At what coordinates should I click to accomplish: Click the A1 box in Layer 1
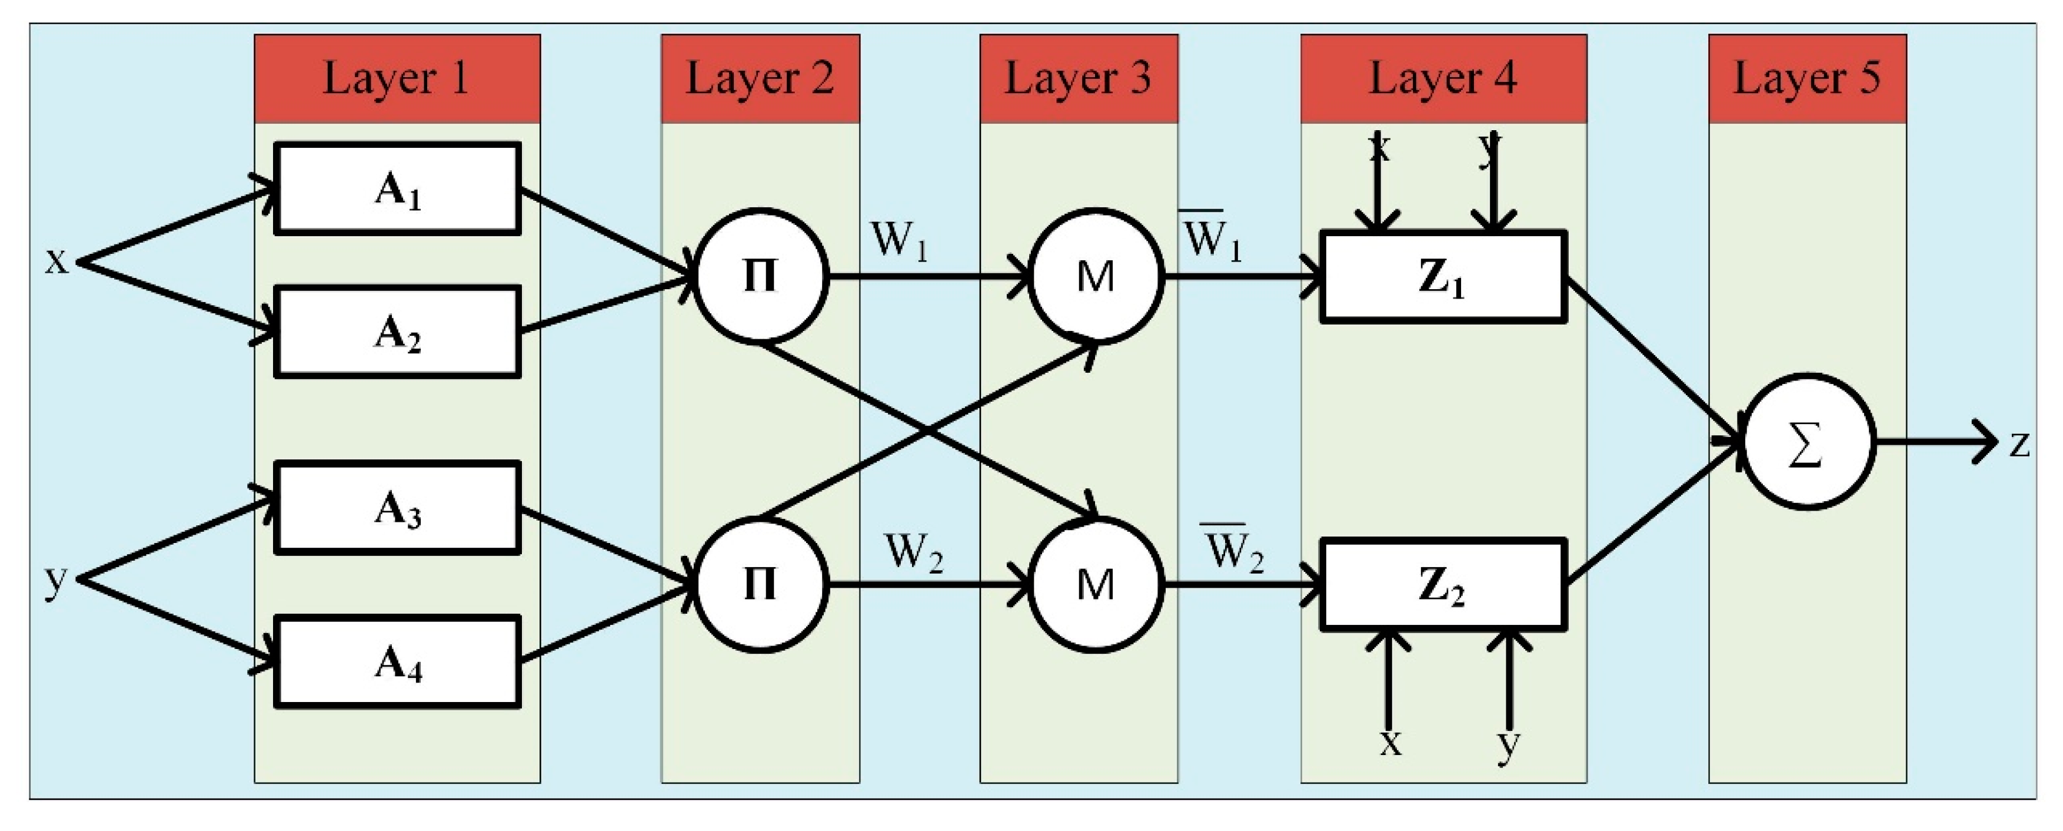point(397,189)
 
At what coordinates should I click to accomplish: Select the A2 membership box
point(397,332)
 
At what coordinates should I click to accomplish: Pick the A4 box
point(397,662)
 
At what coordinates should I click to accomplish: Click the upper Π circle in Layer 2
point(759,276)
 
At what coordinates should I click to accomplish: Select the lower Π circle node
point(759,584)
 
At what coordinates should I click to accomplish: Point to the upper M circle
point(1095,276)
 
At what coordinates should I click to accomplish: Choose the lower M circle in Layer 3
point(1095,584)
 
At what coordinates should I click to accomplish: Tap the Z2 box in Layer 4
point(1442,584)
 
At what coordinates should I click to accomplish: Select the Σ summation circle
point(1808,442)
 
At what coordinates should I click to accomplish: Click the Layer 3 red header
point(1078,78)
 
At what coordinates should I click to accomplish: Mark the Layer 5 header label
point(1806,78)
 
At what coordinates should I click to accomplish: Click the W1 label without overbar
point(899,240)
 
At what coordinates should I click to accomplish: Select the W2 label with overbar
point(1233,549)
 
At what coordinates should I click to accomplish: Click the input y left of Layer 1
point(55,580)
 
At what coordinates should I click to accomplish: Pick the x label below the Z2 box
point(1391,743)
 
